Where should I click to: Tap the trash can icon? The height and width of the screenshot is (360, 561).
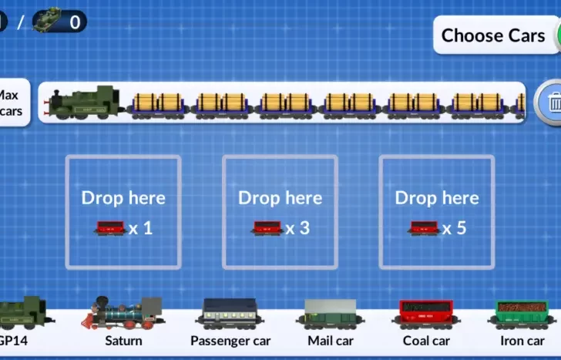click(553, 102)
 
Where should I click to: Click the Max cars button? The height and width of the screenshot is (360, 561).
click(11, 103)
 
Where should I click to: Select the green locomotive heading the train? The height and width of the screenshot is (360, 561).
click(86, 103)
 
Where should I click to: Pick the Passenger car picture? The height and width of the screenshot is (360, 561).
click(230, 314)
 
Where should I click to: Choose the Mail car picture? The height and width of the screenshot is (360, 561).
click(331, 314)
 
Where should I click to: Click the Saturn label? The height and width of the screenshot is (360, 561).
click(124, 340)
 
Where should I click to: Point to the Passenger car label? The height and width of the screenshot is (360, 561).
click(230, 340)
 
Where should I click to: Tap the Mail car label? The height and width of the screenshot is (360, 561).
click(331, 340)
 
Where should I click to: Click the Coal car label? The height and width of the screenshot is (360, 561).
click(426, 340)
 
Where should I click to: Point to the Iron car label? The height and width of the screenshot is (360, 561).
click(522, 340)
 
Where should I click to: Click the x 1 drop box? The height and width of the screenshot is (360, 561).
click(123, 212)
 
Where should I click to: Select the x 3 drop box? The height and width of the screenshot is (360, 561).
click(280, 212)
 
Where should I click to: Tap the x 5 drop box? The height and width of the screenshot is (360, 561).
click(437, 212)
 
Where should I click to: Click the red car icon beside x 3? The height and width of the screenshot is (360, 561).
click(267, 228)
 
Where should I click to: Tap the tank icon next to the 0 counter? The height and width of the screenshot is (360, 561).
click(46, 21)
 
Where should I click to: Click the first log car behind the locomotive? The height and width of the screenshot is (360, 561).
click(158, 104)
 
